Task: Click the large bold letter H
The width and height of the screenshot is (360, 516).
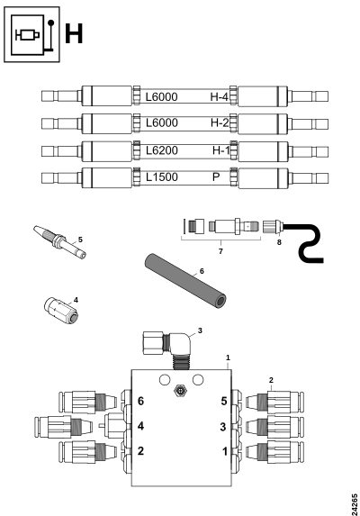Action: click(x=74, y=33)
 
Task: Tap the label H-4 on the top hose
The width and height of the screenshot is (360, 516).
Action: click(x=219, y=96)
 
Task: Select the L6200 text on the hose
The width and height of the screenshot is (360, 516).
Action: click(x=162, y=150)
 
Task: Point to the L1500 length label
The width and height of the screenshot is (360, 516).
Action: click(x=162, y=177)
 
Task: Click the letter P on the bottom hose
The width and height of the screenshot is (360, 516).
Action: click(x=216, y=177)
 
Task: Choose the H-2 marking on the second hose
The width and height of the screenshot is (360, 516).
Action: click(x=220, y=122)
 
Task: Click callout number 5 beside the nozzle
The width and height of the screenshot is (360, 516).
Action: click(x=80, y=240)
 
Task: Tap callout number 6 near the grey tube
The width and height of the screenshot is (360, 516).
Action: click(x=202, y=271)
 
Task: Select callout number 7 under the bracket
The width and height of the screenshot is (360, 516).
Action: click(x=220, y=251)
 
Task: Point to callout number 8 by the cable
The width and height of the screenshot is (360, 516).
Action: click(x=279, y=242)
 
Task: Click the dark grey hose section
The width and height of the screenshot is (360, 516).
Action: click(x=185, y=281)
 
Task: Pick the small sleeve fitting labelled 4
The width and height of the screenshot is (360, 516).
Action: click(x=61, y=310)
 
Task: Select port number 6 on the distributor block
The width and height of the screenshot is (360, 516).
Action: click(x=140, y=401)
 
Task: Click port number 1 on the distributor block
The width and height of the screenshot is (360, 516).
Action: click(x=225, y=451)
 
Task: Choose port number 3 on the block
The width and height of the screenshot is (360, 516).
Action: click(x=223, y=427)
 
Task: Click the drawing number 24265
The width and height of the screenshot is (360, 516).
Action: click(x=354, y=503)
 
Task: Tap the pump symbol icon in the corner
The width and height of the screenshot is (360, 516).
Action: click(x=31, y=34)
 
